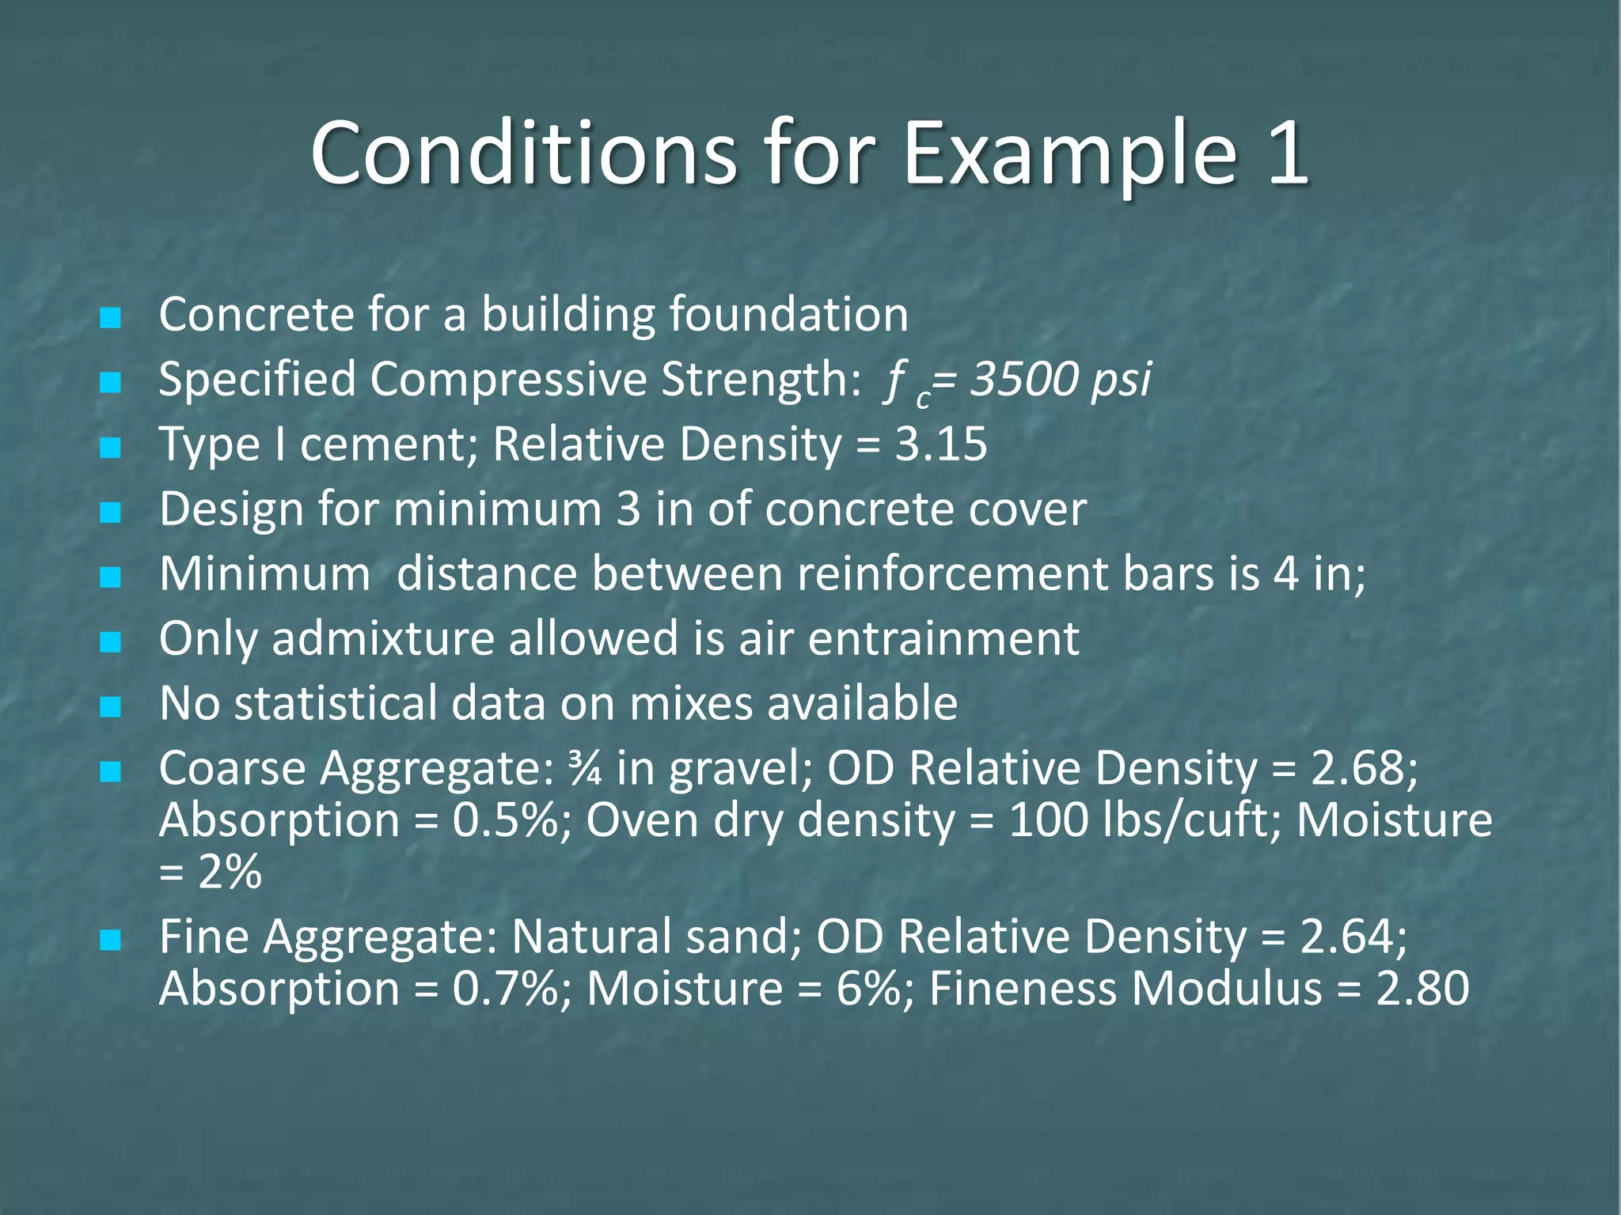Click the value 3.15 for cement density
(x=941, y=444)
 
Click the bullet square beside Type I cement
(x=111, y=449)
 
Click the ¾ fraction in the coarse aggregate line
(x=584, y=768)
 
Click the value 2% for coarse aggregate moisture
(x=230, y=872)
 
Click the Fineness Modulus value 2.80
(x=1422, y=989)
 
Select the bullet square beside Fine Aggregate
(x=111, y=941)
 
